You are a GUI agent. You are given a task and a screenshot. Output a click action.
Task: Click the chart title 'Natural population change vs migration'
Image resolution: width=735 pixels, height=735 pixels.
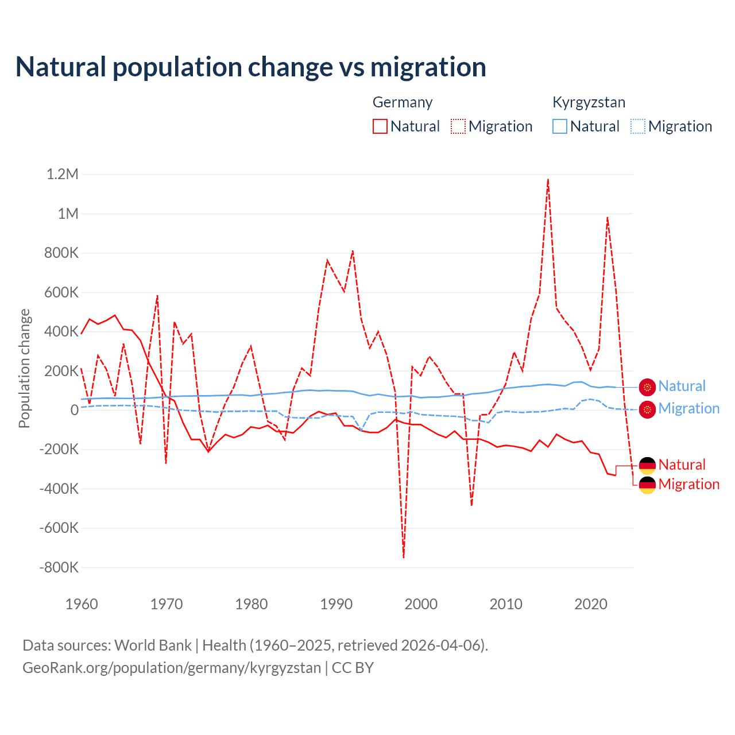pyautogui.click(x=251, y=67)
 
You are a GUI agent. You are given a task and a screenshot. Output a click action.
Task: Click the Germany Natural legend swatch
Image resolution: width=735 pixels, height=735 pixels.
pyautogui.click(x=380, y=126)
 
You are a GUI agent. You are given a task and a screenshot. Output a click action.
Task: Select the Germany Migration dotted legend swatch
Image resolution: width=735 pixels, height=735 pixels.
pyautogui.click(x=458, y=126)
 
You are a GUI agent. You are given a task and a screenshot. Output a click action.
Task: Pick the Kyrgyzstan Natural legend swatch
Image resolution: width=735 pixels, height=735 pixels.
pyautogui.click(x=559, y=126)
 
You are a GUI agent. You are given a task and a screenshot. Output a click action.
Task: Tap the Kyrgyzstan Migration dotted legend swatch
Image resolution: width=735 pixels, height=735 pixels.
pyautogui.click(x=638, y=126)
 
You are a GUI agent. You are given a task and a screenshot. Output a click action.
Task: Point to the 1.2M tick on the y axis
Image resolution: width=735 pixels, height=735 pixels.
pyautogui.click(x=62, y=174)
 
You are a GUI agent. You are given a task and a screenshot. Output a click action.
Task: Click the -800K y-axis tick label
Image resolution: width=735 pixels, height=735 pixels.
pyautogui.click(x=59, y=567)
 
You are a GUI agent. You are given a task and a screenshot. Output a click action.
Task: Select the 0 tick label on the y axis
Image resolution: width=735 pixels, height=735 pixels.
pyautogui.click(x=74, y=410)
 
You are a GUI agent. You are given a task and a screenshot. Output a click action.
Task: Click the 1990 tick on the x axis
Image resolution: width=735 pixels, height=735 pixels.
pyautogui.click(x=336, y=604)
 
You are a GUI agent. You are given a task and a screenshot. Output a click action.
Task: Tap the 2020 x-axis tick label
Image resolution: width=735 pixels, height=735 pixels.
pyautogui.click(x=591, y=604)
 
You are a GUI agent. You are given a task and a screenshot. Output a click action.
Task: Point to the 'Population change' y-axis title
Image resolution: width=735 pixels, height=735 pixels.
pyautogui.click(x=24, y=369)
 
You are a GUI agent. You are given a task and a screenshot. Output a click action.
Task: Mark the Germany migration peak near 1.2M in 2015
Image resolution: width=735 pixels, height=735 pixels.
pyautogui.click(x=548, y=179)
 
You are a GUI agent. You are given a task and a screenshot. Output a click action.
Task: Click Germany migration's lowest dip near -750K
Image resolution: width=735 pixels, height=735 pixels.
pyautogui.click(x=404, y=557)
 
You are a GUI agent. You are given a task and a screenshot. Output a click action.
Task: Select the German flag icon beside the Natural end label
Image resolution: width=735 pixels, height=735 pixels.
pyautogui.click(x=647, y=465)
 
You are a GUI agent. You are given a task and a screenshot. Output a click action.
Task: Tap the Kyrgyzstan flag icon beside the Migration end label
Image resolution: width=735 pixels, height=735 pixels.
pyautogui.click(x=647, y=409)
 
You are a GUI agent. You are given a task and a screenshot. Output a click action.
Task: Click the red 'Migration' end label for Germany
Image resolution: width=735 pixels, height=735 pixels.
pyautogui.click(x=688, y=484)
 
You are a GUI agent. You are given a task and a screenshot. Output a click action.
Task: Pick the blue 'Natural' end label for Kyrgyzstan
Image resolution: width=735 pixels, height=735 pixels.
pyautogui.click(x=682, y=386)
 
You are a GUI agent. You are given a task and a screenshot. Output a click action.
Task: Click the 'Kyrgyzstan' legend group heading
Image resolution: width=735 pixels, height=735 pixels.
pyautogui.click(x=589, y=102)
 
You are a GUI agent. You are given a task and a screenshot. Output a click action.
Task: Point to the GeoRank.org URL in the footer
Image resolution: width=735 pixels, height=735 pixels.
pyautogui.click(x=172, y=668)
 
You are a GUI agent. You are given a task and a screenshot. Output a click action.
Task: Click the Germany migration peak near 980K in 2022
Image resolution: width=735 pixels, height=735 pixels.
pyautogui.click(x=607, y=218)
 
